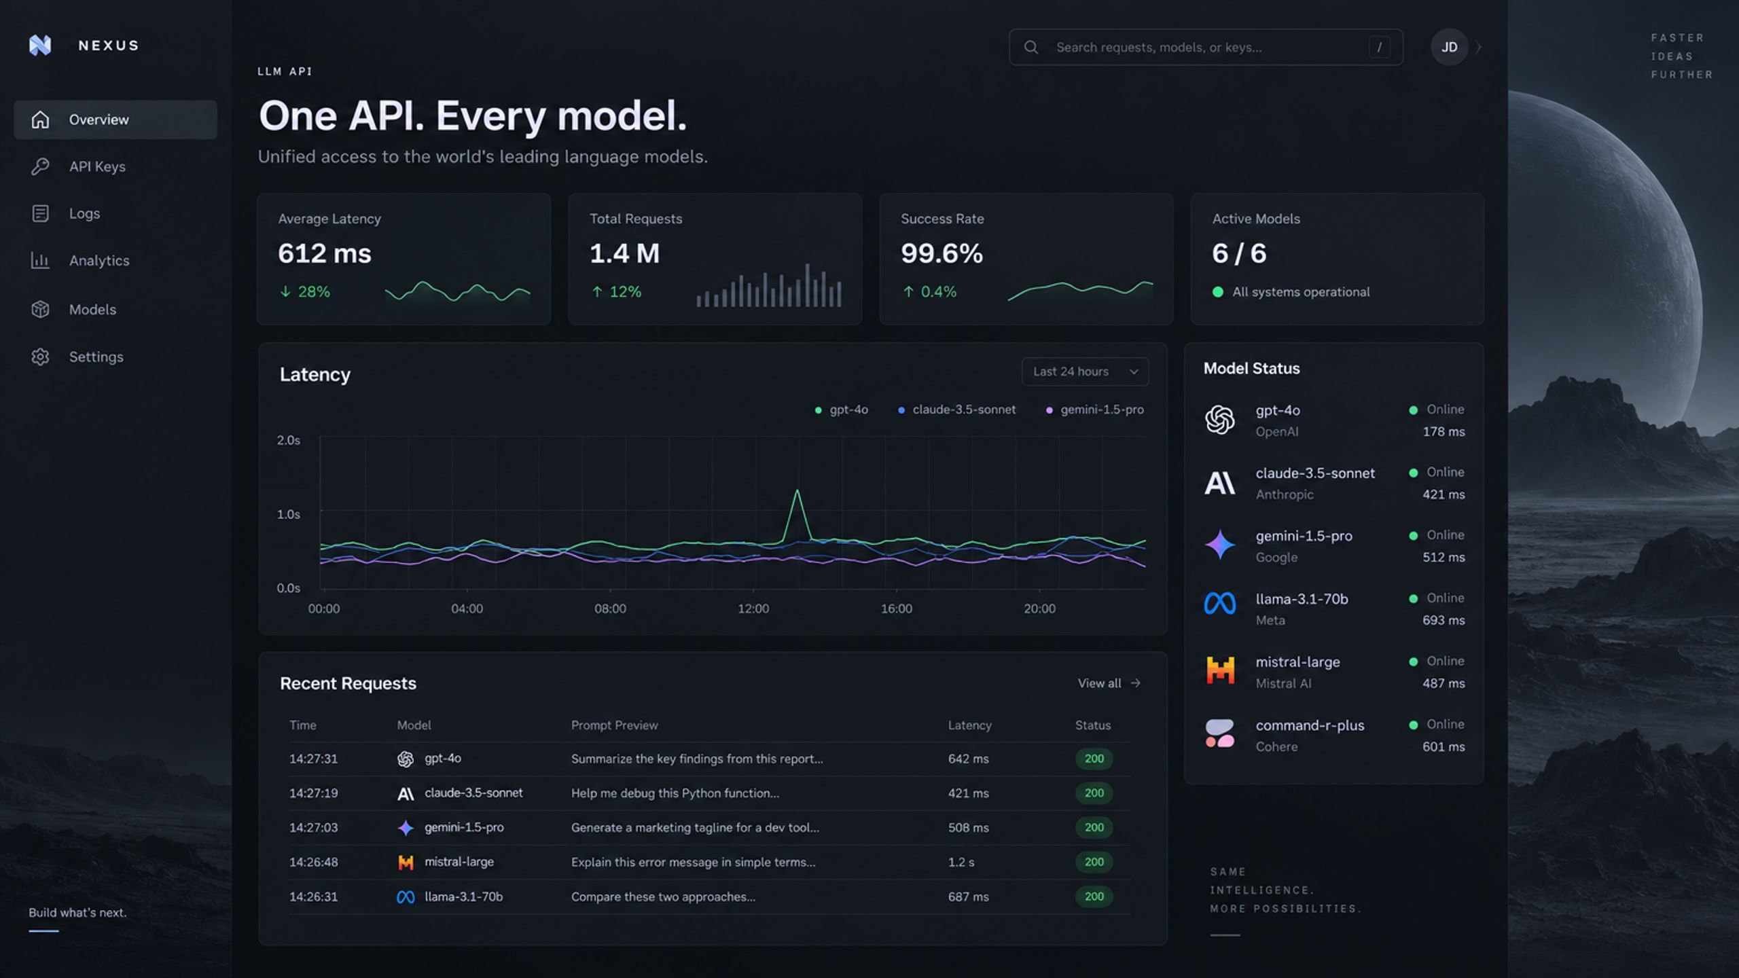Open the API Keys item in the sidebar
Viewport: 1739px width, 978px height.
[x=97, y=166]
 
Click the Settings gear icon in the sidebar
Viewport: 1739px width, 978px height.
[x=40, y=357]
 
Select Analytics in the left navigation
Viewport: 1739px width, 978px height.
[x=99, y=260]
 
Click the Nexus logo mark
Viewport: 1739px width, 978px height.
[x=40, y=46]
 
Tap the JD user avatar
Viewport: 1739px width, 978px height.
[x=1449, y=47]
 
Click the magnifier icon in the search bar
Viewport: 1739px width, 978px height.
[x=1030, y=47]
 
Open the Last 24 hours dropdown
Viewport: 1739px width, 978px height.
[x=1085, y=372]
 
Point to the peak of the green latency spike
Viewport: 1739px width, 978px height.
[x=797, y=490]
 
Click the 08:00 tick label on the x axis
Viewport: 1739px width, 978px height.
[x=610, y=609]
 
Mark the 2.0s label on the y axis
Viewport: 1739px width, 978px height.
[x=288, y=440]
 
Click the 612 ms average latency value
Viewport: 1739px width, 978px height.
[x=325, y=253]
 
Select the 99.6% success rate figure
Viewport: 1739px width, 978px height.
[x=942, y=253]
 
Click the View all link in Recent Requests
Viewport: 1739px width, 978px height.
[x=1109, y=683]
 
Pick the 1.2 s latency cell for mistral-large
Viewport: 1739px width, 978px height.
[x=961, y=862]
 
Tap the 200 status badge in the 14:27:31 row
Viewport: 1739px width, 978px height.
[x=1094, y=759]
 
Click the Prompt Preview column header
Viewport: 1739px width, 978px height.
[x=614, y=725]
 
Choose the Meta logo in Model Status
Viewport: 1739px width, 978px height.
[x=1219, y=603]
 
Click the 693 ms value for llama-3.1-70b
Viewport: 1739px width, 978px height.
[x=1444, y=620]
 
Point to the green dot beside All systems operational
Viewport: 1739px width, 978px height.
[x=1218, y=292]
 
